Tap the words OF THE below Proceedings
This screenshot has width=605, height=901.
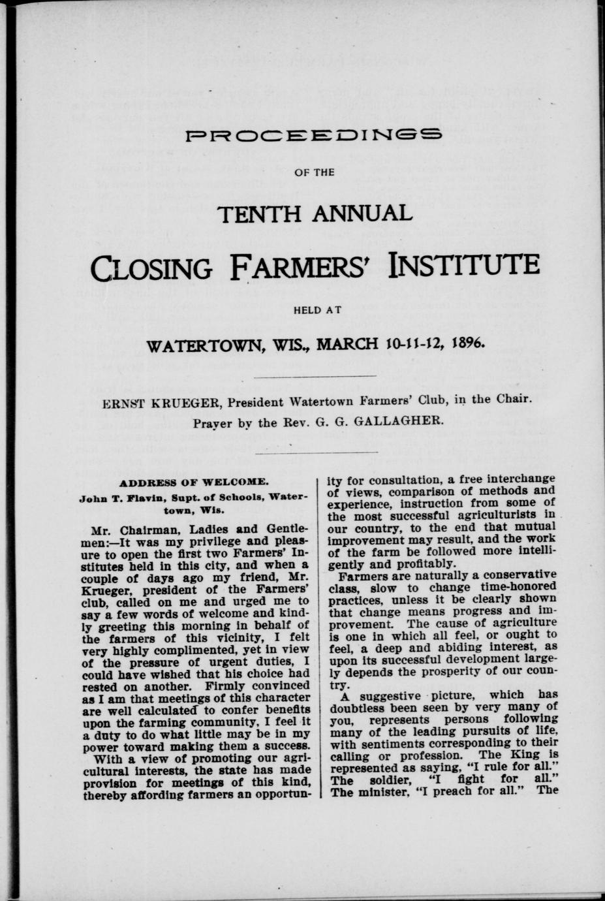(x=314, y=172)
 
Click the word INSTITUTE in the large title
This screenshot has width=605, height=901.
(x=463, y=265)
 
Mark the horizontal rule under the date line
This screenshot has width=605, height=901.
(x=314, y=376)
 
